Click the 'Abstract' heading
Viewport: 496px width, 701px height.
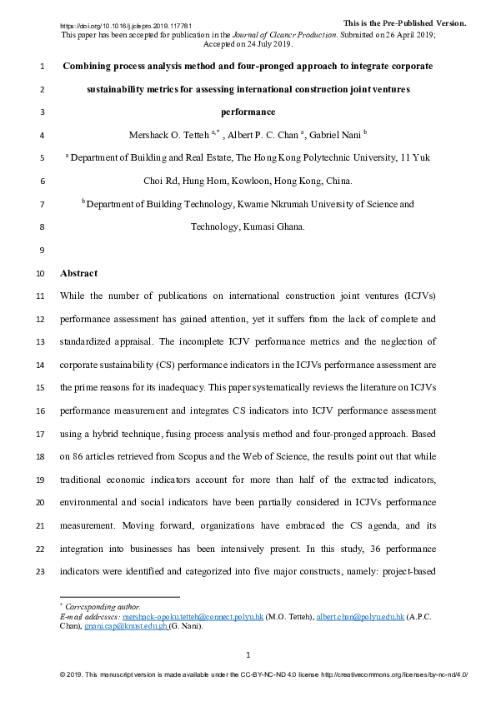(78, 273)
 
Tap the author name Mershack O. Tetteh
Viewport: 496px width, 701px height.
(169, 133)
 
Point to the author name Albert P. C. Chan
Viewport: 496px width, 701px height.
(263, 133)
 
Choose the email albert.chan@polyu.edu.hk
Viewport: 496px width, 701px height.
(361, 617)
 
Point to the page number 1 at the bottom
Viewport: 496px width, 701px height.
(248, 655)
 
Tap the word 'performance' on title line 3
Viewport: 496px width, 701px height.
(248, 111)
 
